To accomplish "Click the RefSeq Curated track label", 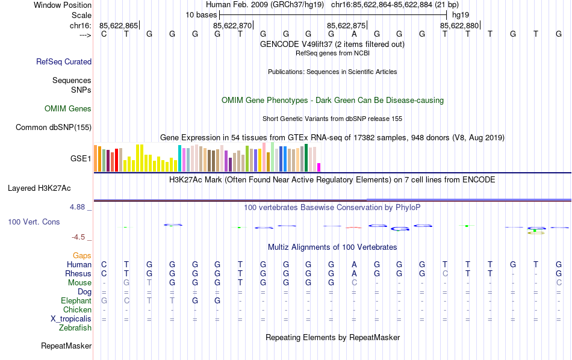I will [64, 61].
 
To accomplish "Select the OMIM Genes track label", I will [68, 109].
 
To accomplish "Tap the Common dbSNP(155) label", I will [54, 127].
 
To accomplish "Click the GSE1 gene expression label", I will [81, 159].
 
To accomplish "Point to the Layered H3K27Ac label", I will [49, 188].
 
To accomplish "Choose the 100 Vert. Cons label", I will [34, 222].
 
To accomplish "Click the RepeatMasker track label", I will [66, 346].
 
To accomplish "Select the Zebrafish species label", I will [75, 328].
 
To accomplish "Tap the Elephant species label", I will [76, 301].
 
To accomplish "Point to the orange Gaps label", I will [82, 256].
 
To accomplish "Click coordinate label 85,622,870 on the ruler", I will [232, 25].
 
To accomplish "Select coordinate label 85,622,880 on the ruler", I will [459, 25].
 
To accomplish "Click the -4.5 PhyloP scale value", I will [80, 237].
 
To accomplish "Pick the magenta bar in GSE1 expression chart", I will [319, 167].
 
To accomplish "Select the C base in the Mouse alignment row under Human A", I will [355, 282].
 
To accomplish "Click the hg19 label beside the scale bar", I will [461, 14].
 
